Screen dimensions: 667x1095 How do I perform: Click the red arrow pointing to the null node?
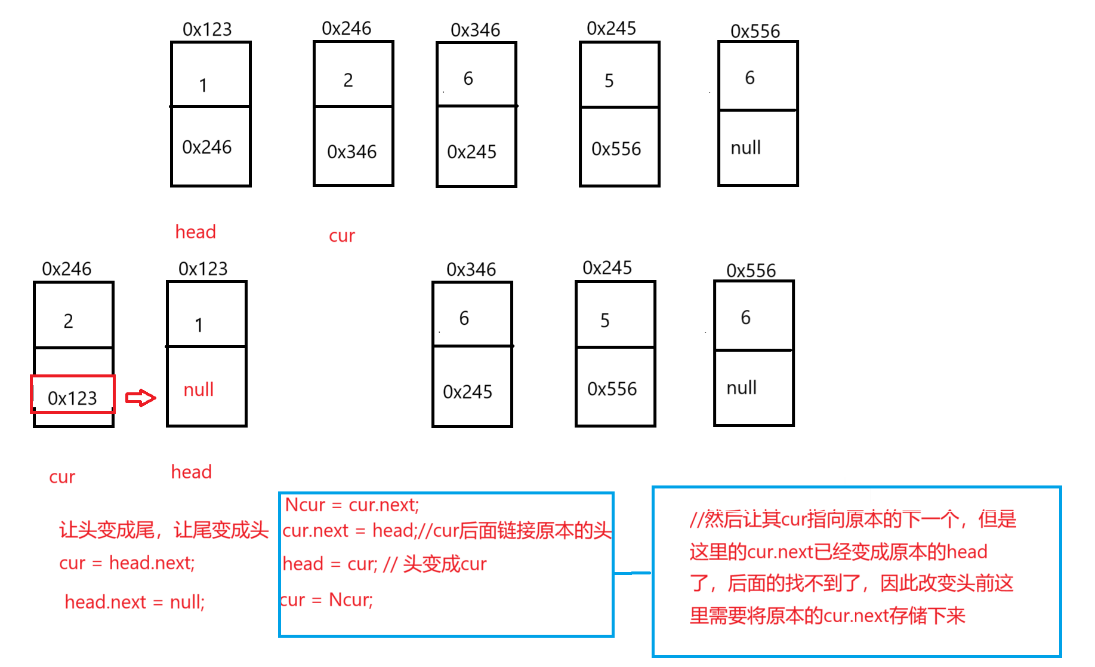tap(141, 398)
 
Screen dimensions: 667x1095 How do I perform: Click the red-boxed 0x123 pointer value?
tap(72, 397)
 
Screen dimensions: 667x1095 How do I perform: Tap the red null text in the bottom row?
tap(199, 390)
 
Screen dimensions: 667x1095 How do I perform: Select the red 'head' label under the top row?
tap(195, 232)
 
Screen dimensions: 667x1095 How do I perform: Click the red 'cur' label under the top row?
tap(342, 236)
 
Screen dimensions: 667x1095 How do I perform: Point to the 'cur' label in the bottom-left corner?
tap(62, 477)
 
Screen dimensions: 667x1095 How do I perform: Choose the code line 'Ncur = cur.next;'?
tap(352, 505)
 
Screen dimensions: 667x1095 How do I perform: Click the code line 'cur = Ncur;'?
tap(327, 600)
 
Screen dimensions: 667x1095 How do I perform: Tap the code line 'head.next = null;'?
tap(135, 602)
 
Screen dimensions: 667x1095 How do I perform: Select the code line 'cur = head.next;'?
tap(127, 563)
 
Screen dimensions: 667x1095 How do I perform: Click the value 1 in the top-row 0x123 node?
tap(203, 85)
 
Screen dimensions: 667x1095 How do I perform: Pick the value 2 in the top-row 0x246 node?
tap(348, 80)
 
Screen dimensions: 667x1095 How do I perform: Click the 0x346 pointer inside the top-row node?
tap(352, 152)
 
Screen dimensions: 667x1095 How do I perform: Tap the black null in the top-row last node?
tap(746, 147)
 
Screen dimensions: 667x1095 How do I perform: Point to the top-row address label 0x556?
tap(755, 31)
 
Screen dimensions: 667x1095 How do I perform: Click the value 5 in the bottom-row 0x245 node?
tap(605, 321)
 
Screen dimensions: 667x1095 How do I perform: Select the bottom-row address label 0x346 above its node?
tap(471, 270)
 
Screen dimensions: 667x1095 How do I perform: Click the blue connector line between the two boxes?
tap(633, 573)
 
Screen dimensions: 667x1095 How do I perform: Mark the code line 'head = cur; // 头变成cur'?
tap(385, 564)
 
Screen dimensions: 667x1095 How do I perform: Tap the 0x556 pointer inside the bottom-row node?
tap(612, 389)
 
